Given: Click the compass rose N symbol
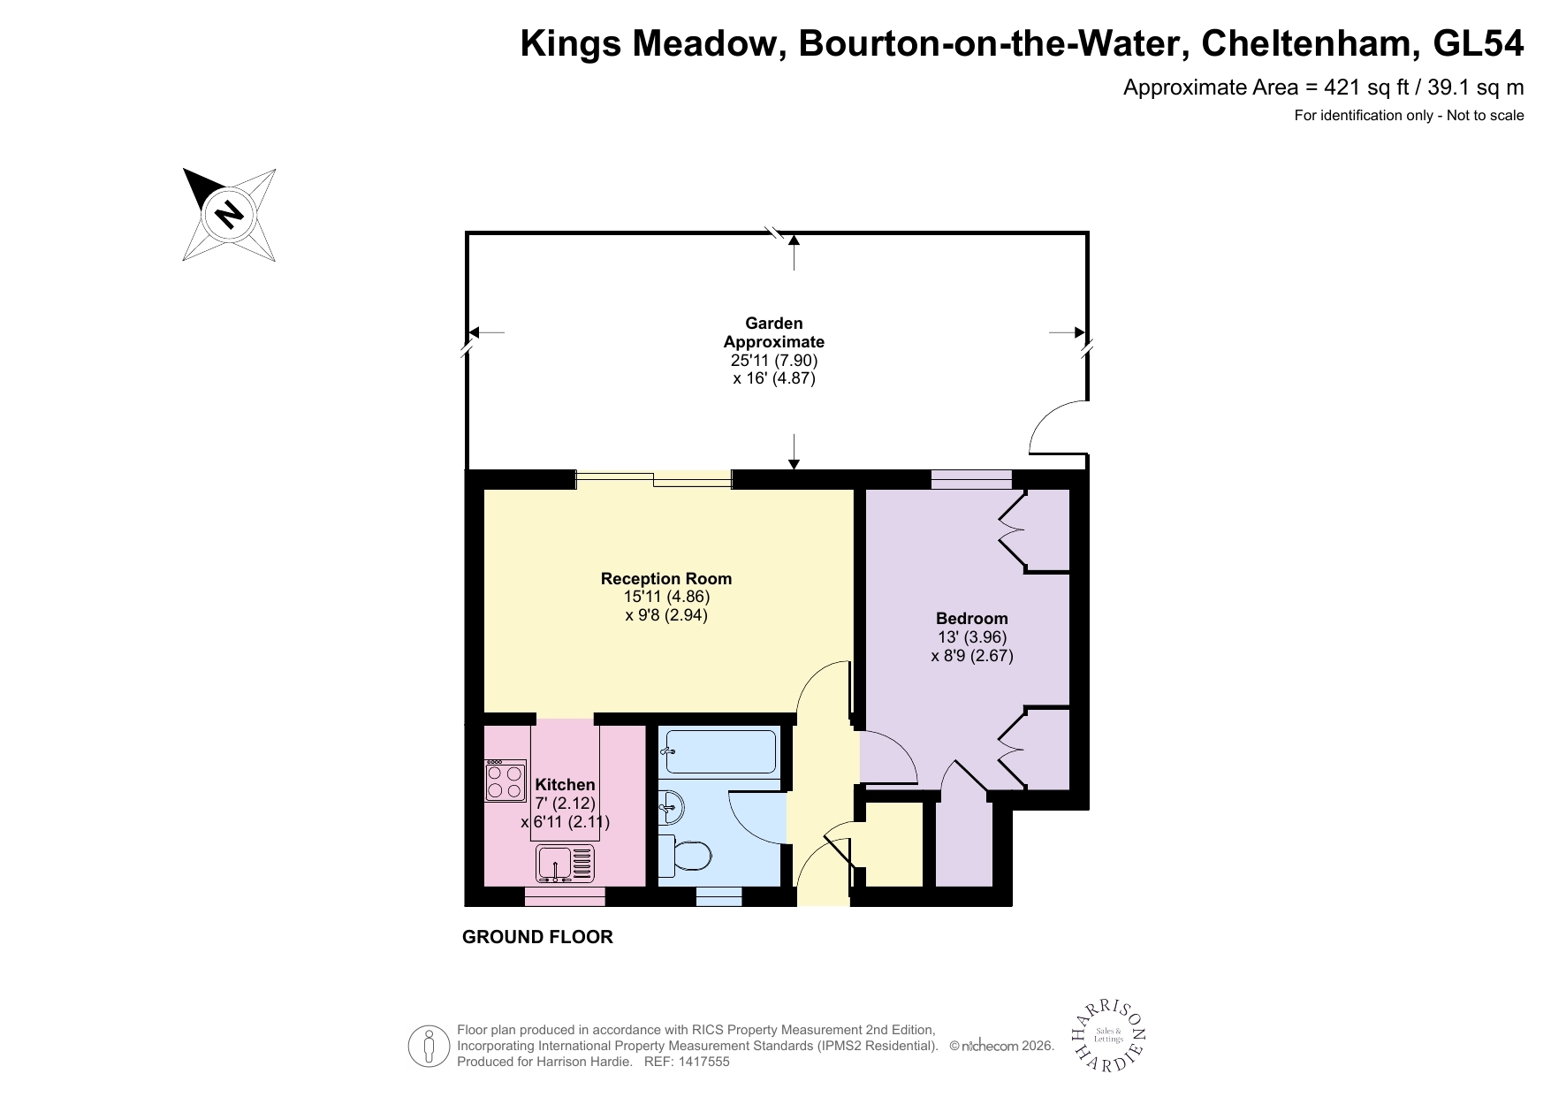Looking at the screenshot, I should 230,214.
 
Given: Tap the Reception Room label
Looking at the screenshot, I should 665,579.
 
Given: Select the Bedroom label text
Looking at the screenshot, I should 971,618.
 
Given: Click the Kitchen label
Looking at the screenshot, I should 565,784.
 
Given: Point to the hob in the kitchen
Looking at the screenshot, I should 506,781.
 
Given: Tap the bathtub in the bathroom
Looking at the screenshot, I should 719,750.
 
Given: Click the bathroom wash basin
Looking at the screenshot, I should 671,805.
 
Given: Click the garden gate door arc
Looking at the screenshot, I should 1057,427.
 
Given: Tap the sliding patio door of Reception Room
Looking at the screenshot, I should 654,480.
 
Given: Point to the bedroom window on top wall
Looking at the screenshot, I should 970,480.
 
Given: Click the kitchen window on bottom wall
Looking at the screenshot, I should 565,897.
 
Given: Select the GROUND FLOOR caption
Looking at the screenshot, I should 537,937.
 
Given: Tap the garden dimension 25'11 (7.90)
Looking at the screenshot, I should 774,361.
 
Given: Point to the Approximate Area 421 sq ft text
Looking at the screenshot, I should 1322,87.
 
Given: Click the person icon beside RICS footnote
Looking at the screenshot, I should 430,1046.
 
